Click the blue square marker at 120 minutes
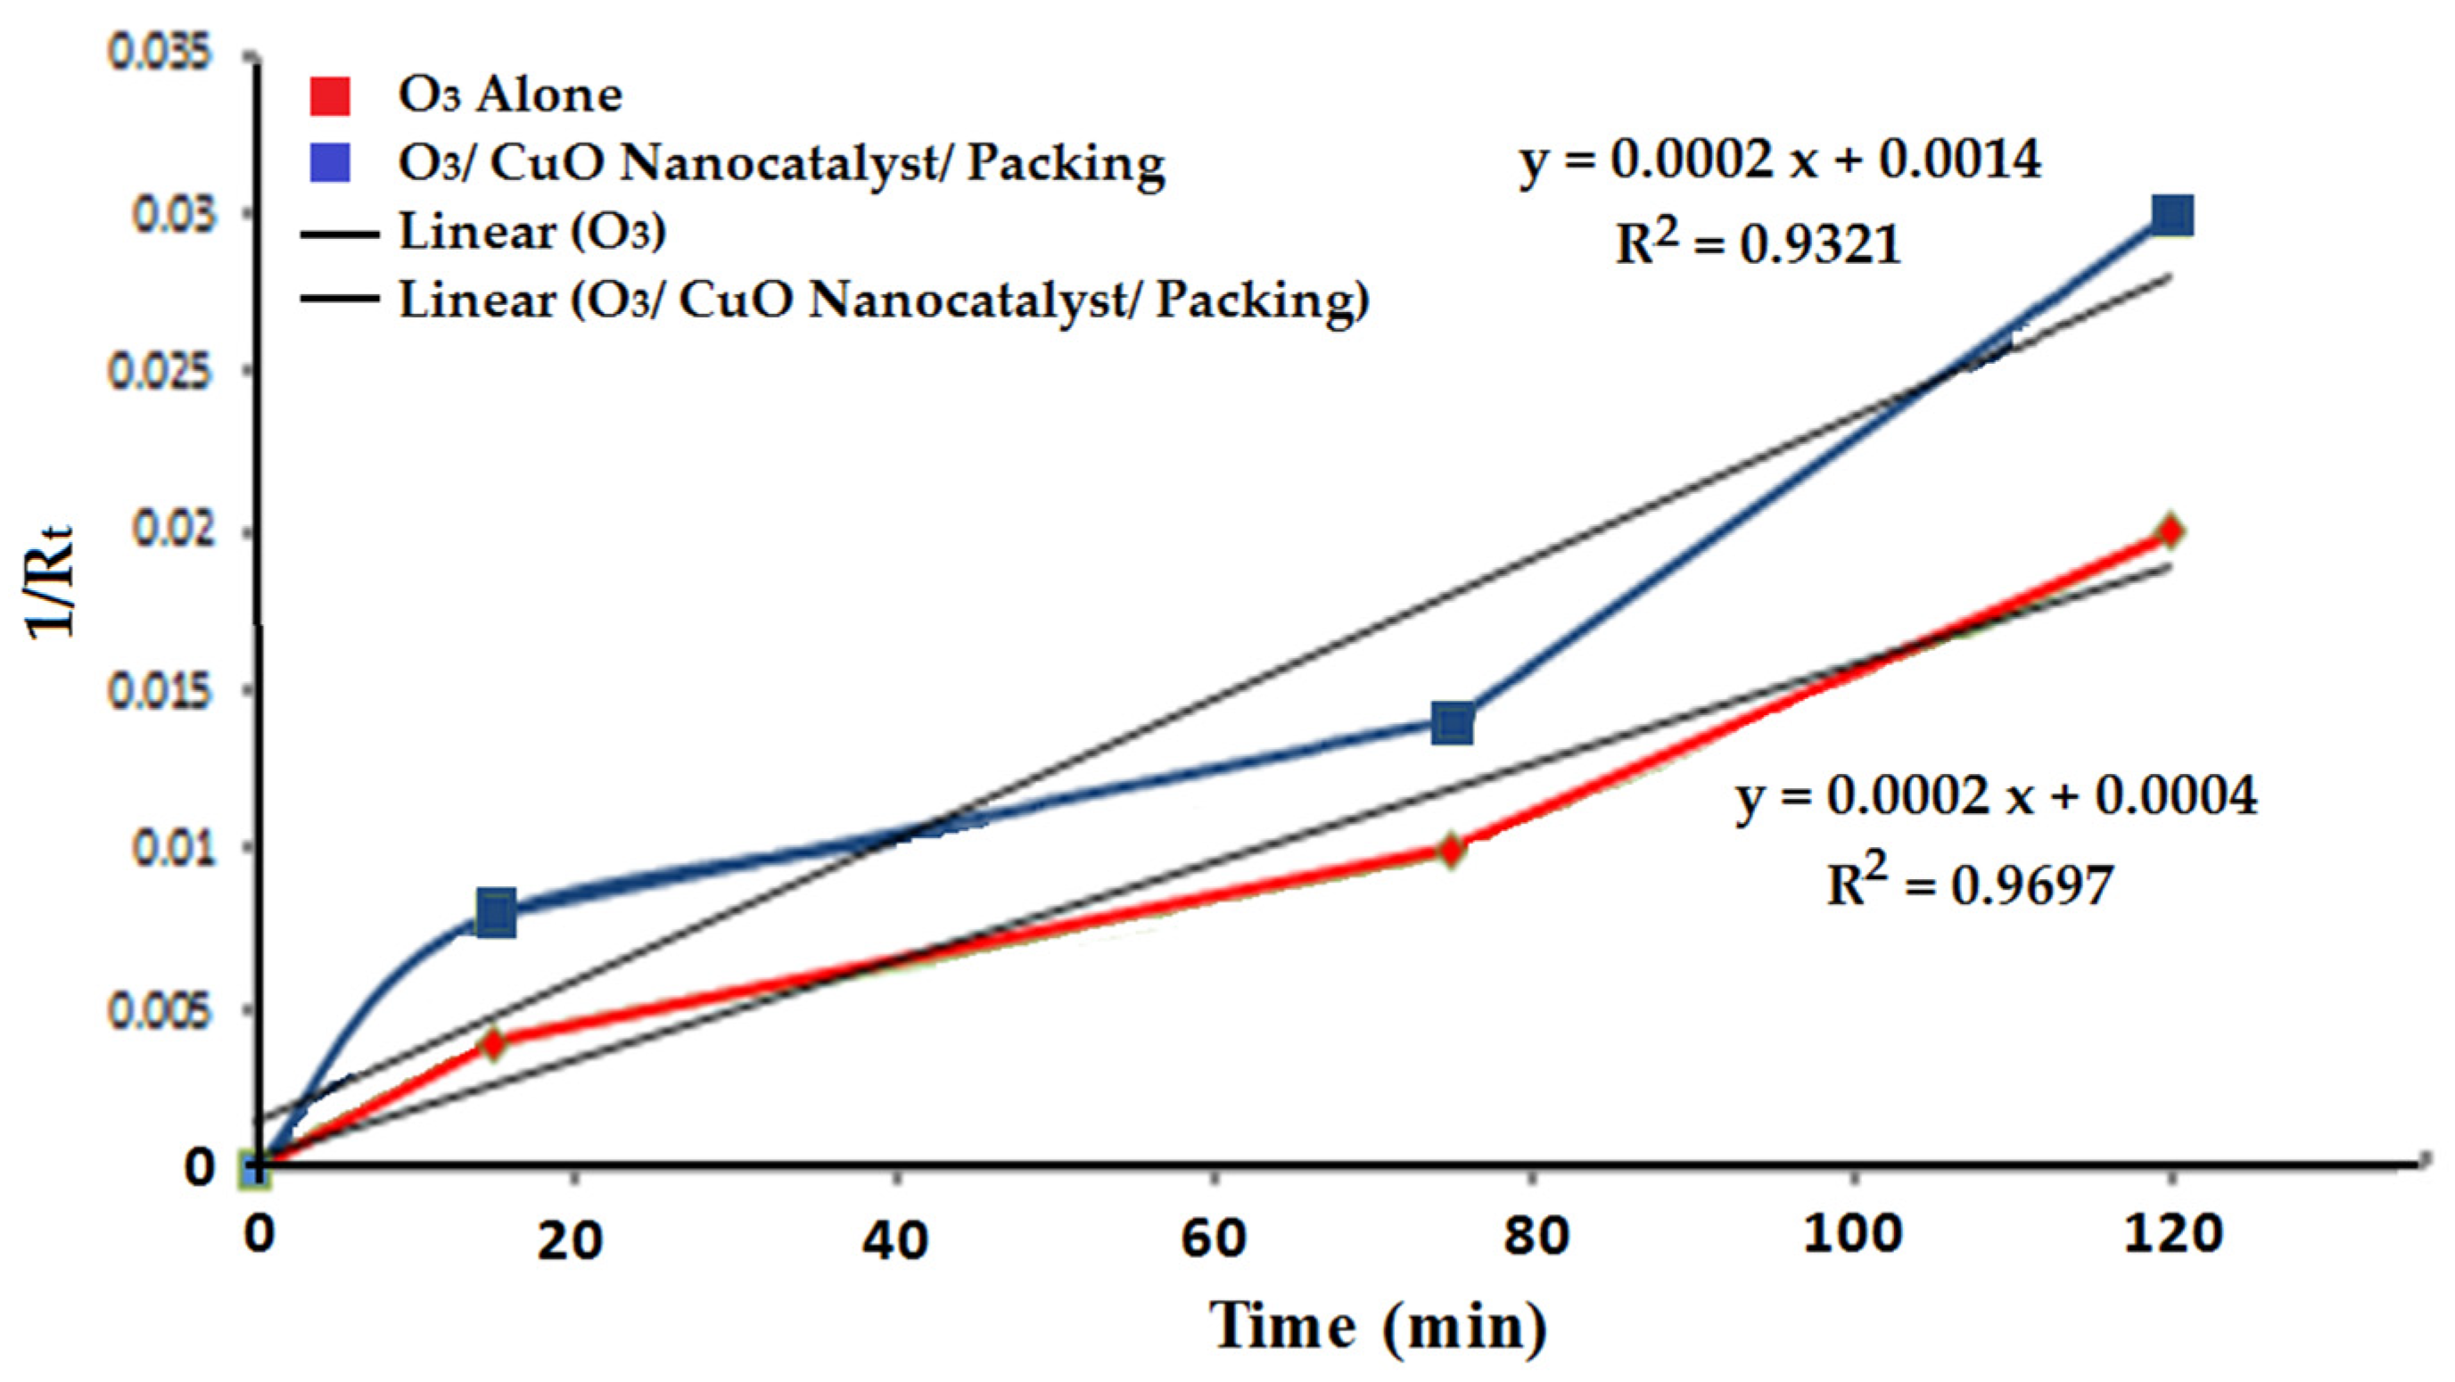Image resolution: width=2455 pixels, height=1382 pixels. click(x=2172, y=216)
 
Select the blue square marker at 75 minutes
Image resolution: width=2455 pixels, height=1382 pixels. click(x=1453, y=723)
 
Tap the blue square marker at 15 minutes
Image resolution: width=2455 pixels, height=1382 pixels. click(x=496, y=914)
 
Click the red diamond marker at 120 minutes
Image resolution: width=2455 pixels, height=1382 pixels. click(x=2170, y=531)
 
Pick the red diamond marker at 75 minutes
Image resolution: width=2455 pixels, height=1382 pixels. click(x=1451, y=848)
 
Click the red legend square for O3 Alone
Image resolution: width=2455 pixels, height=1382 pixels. click(x=330, y=95)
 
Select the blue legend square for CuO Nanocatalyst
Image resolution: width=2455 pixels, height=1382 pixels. click(x=330, y=163)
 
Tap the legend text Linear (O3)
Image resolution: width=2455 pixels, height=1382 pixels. click(x=531, y=232)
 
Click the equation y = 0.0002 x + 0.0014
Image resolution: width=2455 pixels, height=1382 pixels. click(x=1779, y=160)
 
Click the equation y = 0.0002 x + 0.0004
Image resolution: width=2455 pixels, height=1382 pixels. click(x=1996, y=796)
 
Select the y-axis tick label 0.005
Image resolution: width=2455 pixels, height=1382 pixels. click(x=158, y=1011)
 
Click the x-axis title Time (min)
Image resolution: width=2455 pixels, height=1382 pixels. click(x=1378, y=1327)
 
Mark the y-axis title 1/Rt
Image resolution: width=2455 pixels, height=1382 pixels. click(x=50, y=581)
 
